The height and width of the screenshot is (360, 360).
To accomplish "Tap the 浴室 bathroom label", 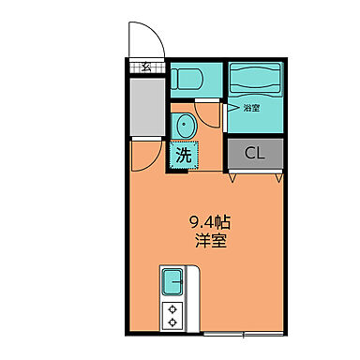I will pyautogui.click(x=251, y=108).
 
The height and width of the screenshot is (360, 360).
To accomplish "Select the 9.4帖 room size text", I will pyautogui.click(x=213, y=223).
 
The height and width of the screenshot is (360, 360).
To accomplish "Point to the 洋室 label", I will pyautogui.click(x=213, y=242).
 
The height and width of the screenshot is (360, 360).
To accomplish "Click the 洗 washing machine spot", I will pyautogui.click(x=182, y=155).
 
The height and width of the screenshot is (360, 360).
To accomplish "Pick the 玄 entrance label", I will pyautogui.click(x=147, y=67).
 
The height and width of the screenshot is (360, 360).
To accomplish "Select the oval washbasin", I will pyautogui.click(x=183, y=124).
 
